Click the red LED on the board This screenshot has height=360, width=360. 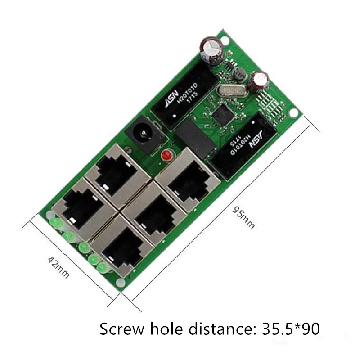(x=166, y=156)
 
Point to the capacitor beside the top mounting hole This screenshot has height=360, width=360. (x=209, y=50)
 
